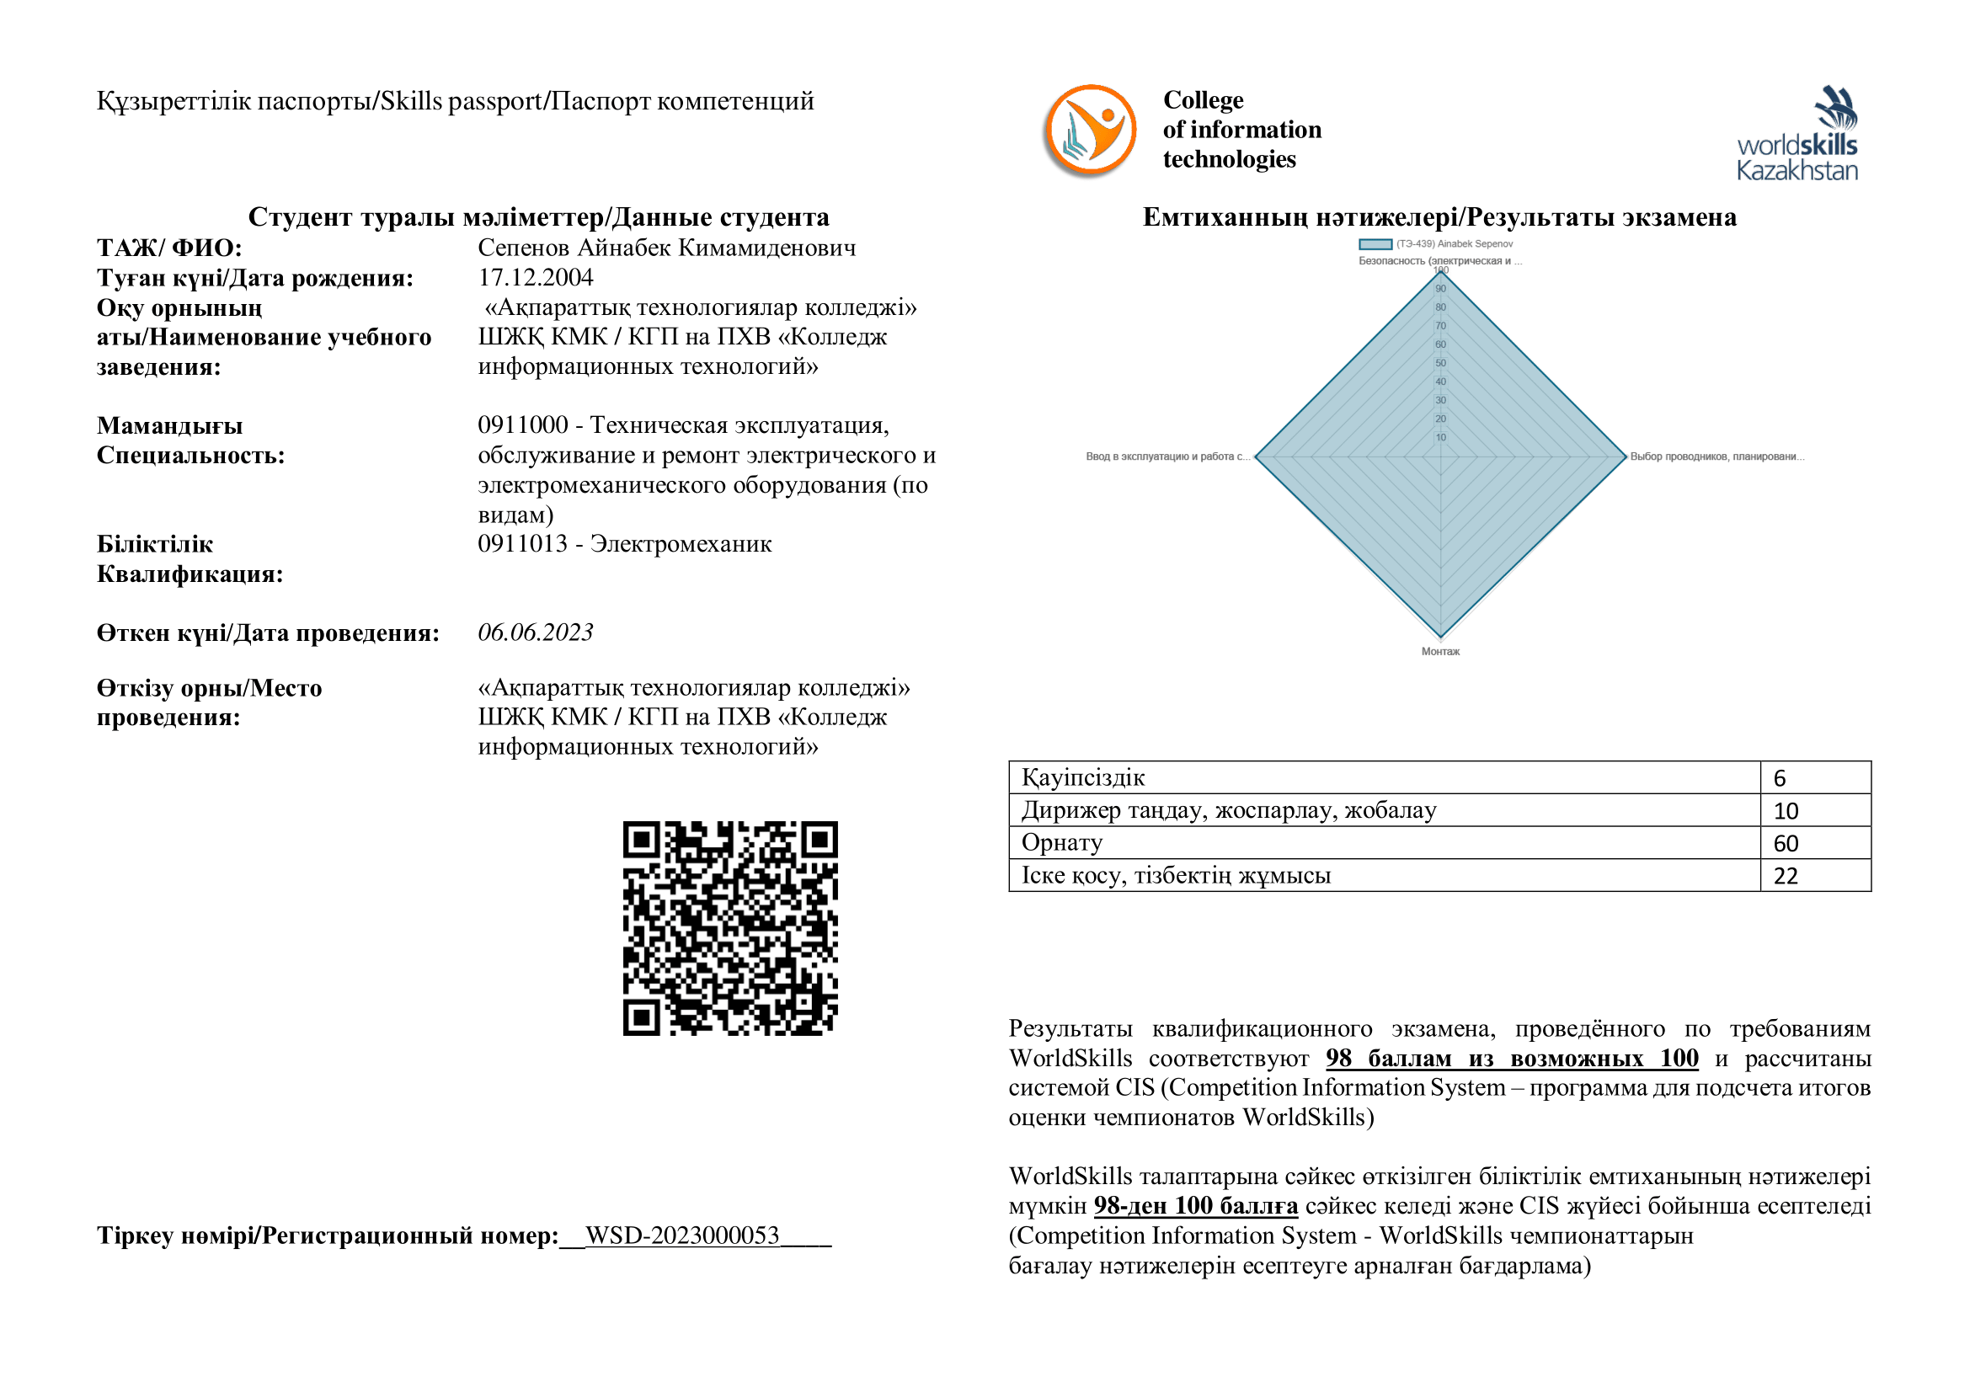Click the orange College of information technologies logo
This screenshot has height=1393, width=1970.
1090,131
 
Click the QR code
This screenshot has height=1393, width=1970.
730,928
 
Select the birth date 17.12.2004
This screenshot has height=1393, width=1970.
536,278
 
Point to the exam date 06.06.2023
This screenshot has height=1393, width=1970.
536,633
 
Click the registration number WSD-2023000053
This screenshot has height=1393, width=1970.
682,1236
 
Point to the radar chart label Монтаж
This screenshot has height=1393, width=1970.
1440,652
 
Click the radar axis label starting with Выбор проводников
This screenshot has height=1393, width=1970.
1716,457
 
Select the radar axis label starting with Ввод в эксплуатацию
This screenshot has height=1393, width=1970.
1167,457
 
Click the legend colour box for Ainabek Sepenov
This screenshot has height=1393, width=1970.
1375,244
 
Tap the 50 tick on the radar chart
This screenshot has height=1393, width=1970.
1440,363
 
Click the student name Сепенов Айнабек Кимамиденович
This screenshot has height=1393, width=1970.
667,248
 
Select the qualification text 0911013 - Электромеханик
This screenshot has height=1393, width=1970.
625,544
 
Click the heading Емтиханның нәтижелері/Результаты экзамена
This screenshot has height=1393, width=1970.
1439,217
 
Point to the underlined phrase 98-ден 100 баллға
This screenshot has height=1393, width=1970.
1195,1206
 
